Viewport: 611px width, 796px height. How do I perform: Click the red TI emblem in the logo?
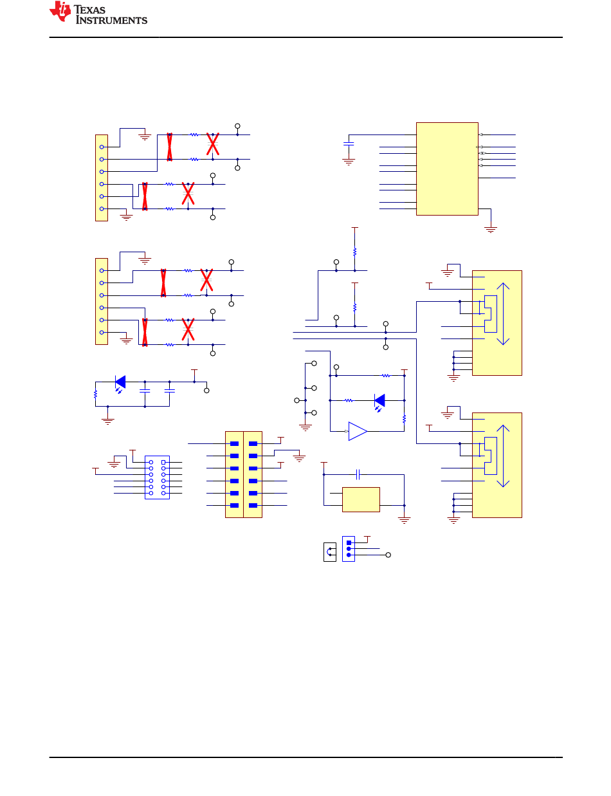click(60, 11)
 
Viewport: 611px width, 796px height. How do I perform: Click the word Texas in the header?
click(89, 10)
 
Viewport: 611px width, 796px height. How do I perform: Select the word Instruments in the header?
click(111, 20)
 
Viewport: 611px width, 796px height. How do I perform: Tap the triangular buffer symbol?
click(358, 431)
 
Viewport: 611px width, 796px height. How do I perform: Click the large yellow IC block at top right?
click(447, 169)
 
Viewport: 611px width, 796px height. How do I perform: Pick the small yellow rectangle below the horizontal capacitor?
click(361, 499)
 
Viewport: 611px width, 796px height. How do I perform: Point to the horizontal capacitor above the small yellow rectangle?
click(358, 474)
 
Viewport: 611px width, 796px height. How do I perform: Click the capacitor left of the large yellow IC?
click(349, 144)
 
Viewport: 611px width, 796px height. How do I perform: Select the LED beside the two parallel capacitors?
click(120, 383)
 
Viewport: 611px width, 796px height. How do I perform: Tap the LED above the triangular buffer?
click(379, 402)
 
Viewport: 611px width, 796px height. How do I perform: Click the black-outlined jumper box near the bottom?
click(330, 552)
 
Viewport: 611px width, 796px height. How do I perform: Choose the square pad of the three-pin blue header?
click(349, 542)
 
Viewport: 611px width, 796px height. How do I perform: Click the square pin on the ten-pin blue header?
click(163, 462)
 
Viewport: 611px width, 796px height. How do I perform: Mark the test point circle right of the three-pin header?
click(388, 555)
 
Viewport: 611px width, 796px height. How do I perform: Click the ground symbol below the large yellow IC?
click(491, 230)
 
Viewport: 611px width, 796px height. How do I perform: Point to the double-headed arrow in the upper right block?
click(503, 313)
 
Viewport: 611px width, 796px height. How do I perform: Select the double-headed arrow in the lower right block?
click(503, 456)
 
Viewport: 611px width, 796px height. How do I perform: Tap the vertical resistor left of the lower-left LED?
click(96, 394)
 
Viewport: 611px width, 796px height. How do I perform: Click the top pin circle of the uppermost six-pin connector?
click(102, 147)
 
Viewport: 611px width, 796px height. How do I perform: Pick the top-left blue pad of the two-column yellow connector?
click(234, 443)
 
